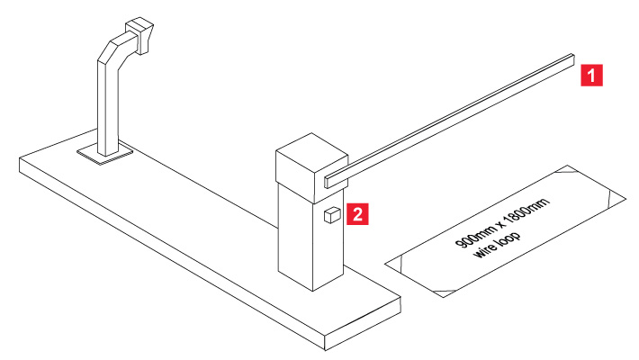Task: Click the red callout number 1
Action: coord(591,75)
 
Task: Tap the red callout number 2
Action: coord(357,214)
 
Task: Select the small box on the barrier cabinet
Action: coord(332,215)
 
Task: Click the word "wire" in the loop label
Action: coord(486,249)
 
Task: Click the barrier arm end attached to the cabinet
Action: coord(328,182)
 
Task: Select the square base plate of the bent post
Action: coord(105,154)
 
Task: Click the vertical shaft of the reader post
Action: coord(108,107)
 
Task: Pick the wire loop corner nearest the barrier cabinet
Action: coord(385,264)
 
